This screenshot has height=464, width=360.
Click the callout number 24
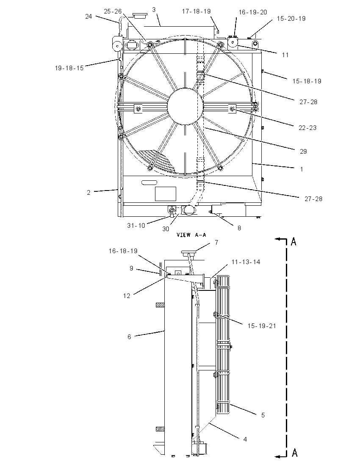point(89,17)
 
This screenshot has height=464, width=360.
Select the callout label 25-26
point(113,11)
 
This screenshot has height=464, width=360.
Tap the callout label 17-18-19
point(196,11)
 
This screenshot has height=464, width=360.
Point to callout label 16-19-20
point(253,12)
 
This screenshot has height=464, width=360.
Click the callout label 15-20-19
point(291,18)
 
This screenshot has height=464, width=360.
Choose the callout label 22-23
point(307,128)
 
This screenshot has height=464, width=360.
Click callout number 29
point(303,152)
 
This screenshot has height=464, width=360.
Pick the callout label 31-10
point(136,226)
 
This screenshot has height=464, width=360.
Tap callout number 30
point(166,229)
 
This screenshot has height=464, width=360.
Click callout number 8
point(239,228)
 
